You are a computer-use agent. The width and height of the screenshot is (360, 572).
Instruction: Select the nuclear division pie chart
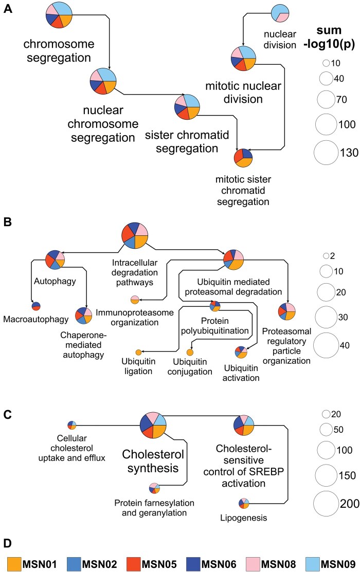(281, 13)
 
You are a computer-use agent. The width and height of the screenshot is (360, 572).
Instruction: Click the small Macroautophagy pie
(36, 306)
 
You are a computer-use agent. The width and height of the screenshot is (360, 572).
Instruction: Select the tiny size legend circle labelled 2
(326, 255)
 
